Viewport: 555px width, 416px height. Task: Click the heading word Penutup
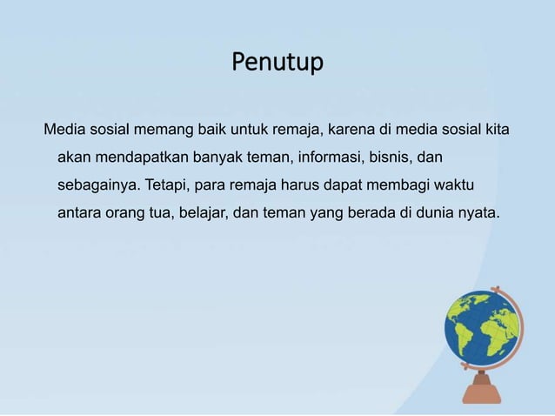click(277, 64)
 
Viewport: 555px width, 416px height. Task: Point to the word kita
click(496, 131)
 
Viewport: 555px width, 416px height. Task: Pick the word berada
click(372, 213)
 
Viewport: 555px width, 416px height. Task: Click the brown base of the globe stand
click(482, 393)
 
